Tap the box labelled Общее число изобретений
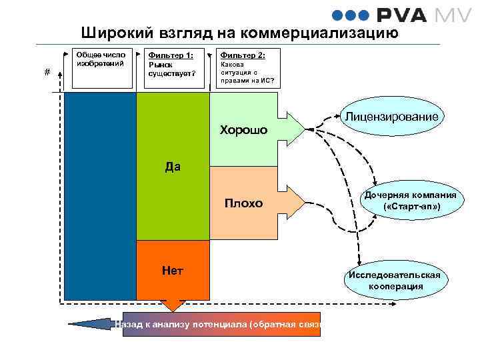[101, 69]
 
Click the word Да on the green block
[173, 167]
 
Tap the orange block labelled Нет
[173, 270]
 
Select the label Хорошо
[243, 130]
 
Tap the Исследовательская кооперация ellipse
[395, 280]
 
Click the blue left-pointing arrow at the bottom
[89, 325]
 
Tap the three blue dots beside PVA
[346, 16]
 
